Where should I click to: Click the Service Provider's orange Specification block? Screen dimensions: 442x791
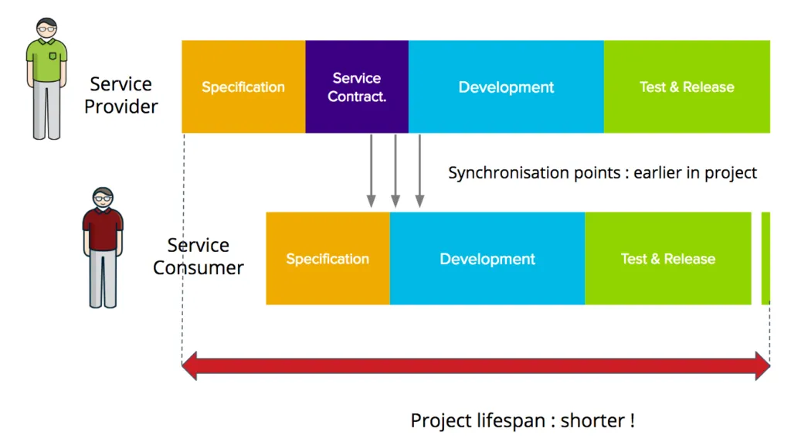(x=243, y=87)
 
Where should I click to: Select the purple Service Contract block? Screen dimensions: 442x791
(x=357, y=87)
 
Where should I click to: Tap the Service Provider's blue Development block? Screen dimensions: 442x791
(x=506, y=87)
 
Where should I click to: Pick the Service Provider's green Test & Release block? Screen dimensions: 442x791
(x=687, y=87)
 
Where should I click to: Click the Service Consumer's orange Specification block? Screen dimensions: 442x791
(x=328, y=258)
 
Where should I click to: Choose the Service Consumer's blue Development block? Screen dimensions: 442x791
(x=487, y=258)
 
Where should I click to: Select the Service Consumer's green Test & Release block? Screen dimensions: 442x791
(x=667, y=258)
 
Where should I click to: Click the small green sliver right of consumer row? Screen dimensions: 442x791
(x=766, y=258)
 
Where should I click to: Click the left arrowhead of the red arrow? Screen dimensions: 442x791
(x=190, y=365)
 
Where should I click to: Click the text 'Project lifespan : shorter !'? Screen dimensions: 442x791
(x=522, y=421)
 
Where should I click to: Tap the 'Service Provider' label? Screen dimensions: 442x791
(x=121, y=95)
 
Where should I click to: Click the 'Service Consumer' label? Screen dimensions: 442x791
(x=198, y=257)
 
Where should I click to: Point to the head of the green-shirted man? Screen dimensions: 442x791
(x=47, y=29)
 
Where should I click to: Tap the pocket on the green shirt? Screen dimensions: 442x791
(x=53, y=57)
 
